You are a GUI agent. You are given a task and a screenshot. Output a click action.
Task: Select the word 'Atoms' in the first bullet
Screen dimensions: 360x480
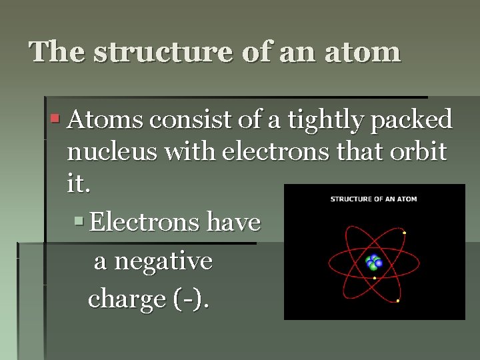pos(105,120)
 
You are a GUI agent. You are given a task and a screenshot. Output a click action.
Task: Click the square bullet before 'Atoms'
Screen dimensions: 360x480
pos(56,120)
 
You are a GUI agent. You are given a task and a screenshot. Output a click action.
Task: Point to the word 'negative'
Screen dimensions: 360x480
pos(163,261)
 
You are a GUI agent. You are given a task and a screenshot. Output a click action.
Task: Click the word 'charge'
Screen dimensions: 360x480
pos(126,300)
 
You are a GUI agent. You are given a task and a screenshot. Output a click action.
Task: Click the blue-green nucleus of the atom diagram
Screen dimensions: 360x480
pos(374,262)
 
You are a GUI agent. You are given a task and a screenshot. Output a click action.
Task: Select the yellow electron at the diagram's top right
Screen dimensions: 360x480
pos(405,233)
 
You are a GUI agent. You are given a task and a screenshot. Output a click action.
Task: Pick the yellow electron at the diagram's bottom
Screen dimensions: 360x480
pos(398,301)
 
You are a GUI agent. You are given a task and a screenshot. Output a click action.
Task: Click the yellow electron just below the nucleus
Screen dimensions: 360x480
pos(375,277)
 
